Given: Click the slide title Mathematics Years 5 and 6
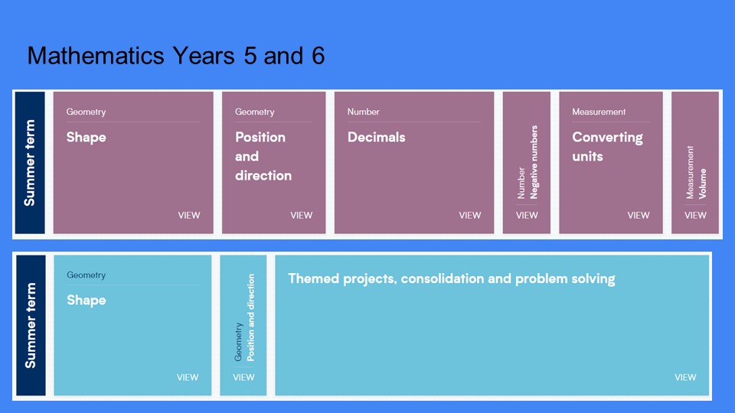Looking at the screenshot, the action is [x=176, y=56].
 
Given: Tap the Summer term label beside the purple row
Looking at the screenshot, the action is [x=30, y=162].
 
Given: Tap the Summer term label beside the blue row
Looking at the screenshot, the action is [x=31, y=326].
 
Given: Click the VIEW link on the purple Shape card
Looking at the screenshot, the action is [x=189, y=216].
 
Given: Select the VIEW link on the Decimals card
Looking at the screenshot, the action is [x=469, y=216].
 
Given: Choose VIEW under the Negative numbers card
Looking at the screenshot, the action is [x=527, y=216].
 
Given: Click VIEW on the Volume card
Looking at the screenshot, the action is [x=695, y=216].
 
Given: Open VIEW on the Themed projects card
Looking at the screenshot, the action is [x=685, y=377].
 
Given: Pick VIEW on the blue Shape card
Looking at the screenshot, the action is [x=188, y=377].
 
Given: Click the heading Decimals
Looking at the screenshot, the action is [x=377, y=137].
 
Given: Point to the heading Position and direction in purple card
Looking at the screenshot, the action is [x=263, y=156].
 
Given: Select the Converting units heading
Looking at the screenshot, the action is [x=607, y=147].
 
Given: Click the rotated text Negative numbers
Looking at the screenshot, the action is [x=534, y=162].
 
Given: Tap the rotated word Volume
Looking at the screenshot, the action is [x=702, y=184].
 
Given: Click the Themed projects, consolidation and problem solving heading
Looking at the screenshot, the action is [x=452, y=278].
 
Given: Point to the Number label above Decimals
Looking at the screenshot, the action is [x=363, y=112].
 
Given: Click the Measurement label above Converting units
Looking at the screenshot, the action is [x=599, y=112].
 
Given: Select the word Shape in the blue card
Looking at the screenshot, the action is [x=87, y=300].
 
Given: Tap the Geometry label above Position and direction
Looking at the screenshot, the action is [x=254, y=112].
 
